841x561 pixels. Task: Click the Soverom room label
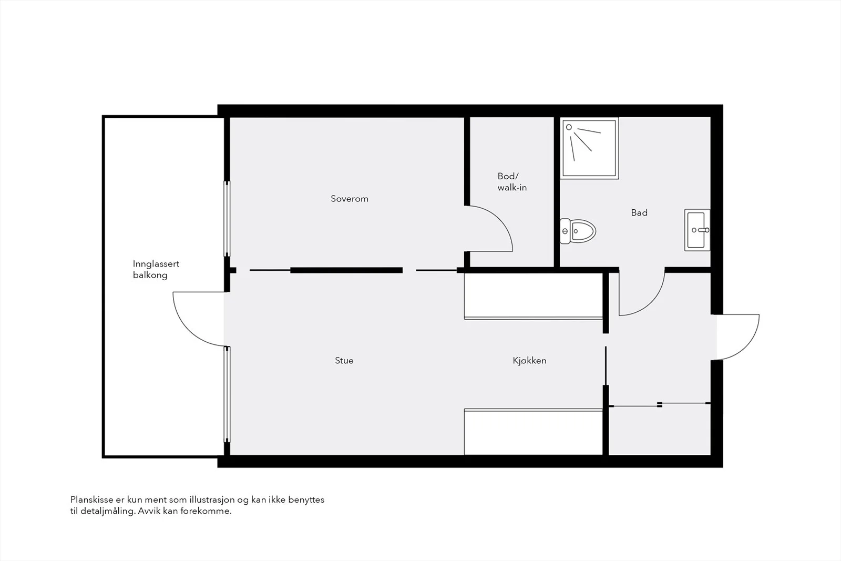pos(349,199)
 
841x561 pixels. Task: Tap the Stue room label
pos(344,361)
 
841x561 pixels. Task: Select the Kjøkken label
pos(529,361)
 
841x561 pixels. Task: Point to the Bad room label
pos(639,212)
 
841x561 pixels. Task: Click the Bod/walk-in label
pos(512,182)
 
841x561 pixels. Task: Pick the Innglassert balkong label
pos(156,269)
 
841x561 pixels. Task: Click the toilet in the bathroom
pos(578,231)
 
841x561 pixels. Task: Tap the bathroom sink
pos(697,230)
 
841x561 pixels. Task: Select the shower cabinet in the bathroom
pos(589,148)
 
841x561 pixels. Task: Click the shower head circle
pos(569,127)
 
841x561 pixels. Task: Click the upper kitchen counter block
pos(533,296)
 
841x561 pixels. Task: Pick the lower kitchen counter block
pos(533,432)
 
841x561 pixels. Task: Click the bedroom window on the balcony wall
pos(227,219)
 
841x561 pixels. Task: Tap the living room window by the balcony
pos(227,394)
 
